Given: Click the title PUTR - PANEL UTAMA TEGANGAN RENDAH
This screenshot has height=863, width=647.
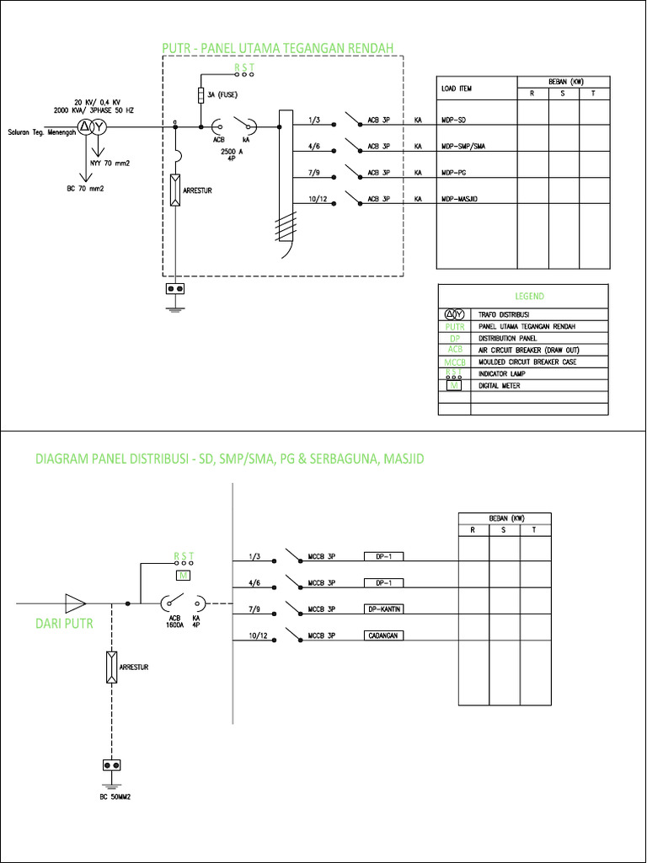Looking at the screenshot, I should coord(278,47).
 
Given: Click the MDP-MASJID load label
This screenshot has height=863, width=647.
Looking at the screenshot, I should coord(459,199).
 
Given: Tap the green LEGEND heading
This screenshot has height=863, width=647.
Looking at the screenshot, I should coord(529,297).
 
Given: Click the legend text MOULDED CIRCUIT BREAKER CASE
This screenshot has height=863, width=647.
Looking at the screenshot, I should coord(527,362).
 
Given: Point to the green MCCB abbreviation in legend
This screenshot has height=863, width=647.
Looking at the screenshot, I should coord(454,362).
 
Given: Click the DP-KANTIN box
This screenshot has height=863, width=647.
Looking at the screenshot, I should coord(384,608).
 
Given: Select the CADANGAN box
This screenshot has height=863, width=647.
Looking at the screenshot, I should coord(384,635).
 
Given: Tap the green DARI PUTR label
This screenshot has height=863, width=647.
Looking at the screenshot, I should coord(63,625).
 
